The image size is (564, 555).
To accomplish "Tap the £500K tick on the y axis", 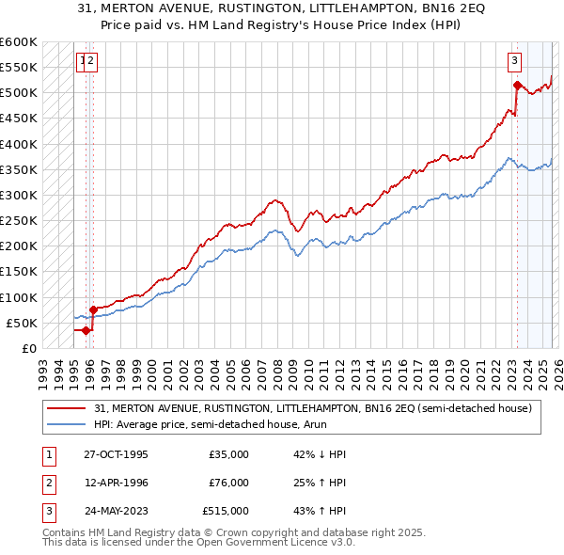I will coord(19,93).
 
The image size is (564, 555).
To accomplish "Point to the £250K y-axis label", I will coord(19,220).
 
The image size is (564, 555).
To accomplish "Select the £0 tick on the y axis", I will coord(28,348).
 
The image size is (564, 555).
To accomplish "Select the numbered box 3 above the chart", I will coord(515,62).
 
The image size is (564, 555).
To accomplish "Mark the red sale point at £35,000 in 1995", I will coord(86,330).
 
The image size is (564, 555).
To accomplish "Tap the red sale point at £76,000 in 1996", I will coord(93,309).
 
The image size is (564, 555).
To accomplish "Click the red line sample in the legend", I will coord(68,408).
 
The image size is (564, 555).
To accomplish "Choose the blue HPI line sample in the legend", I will coord(68,424).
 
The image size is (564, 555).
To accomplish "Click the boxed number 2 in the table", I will coord(47,483).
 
